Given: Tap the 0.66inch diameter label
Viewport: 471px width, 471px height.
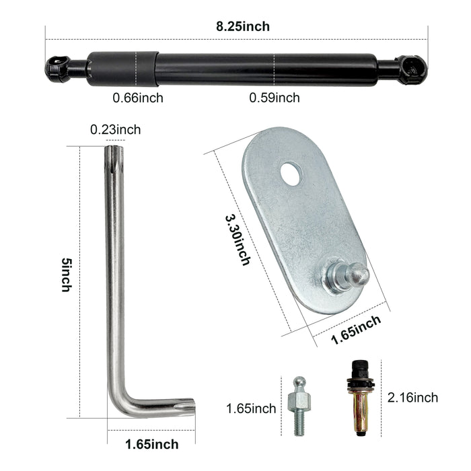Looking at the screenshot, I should [x=137, y=98].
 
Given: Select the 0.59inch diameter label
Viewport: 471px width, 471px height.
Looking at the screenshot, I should [x=275, y=98].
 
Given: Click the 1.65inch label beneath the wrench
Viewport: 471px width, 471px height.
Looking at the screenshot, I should [x=151, y=444].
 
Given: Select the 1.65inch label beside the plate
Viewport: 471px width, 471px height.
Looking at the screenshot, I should [x=357, y=330].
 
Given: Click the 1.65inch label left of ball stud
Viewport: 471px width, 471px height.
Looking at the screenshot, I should [x=251, y=408].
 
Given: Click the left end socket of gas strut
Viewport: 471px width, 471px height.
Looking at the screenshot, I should [x=57, y=68].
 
